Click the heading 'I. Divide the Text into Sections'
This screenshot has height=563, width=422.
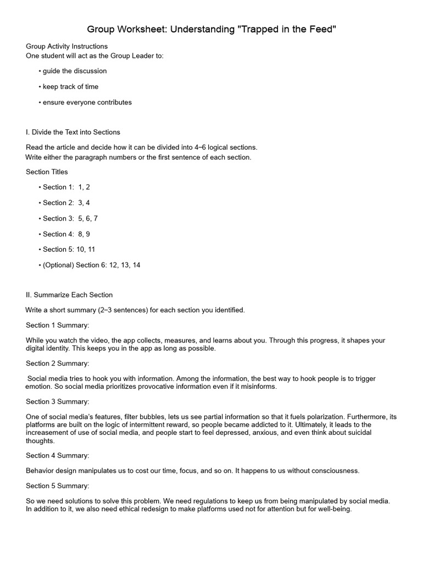click(73, 132)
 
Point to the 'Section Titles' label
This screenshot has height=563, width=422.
click(47, 172)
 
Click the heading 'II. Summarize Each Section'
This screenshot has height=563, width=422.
click(69, 295)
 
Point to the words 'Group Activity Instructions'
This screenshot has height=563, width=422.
click(66, 46)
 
